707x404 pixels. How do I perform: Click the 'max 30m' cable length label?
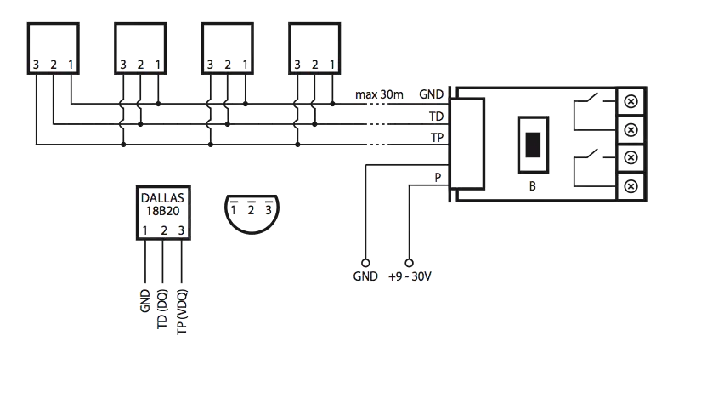click(x=379, y=94)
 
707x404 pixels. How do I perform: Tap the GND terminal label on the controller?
click(x=432, y=94)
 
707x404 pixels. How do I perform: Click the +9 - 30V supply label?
click(x=411, y=277)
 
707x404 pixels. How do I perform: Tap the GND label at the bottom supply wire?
click(x=365, y=277)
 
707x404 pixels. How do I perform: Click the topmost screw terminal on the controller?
click(x=631, y=101)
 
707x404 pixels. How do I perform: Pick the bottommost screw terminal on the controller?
click(x=631, y=185)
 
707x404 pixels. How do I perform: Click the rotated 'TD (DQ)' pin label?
click(x=163, y=308)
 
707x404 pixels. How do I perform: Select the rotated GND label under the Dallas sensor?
click(x=144, y=300)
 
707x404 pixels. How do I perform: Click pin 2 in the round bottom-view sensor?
click(x=251, y=209)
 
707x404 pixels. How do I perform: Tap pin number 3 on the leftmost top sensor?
click(x=36, y=65)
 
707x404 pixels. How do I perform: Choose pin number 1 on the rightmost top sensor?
click(x=332, y=65)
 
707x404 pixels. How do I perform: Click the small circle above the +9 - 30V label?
click(x=411, y=263)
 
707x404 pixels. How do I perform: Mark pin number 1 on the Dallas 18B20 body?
click(x=145, y=230)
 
